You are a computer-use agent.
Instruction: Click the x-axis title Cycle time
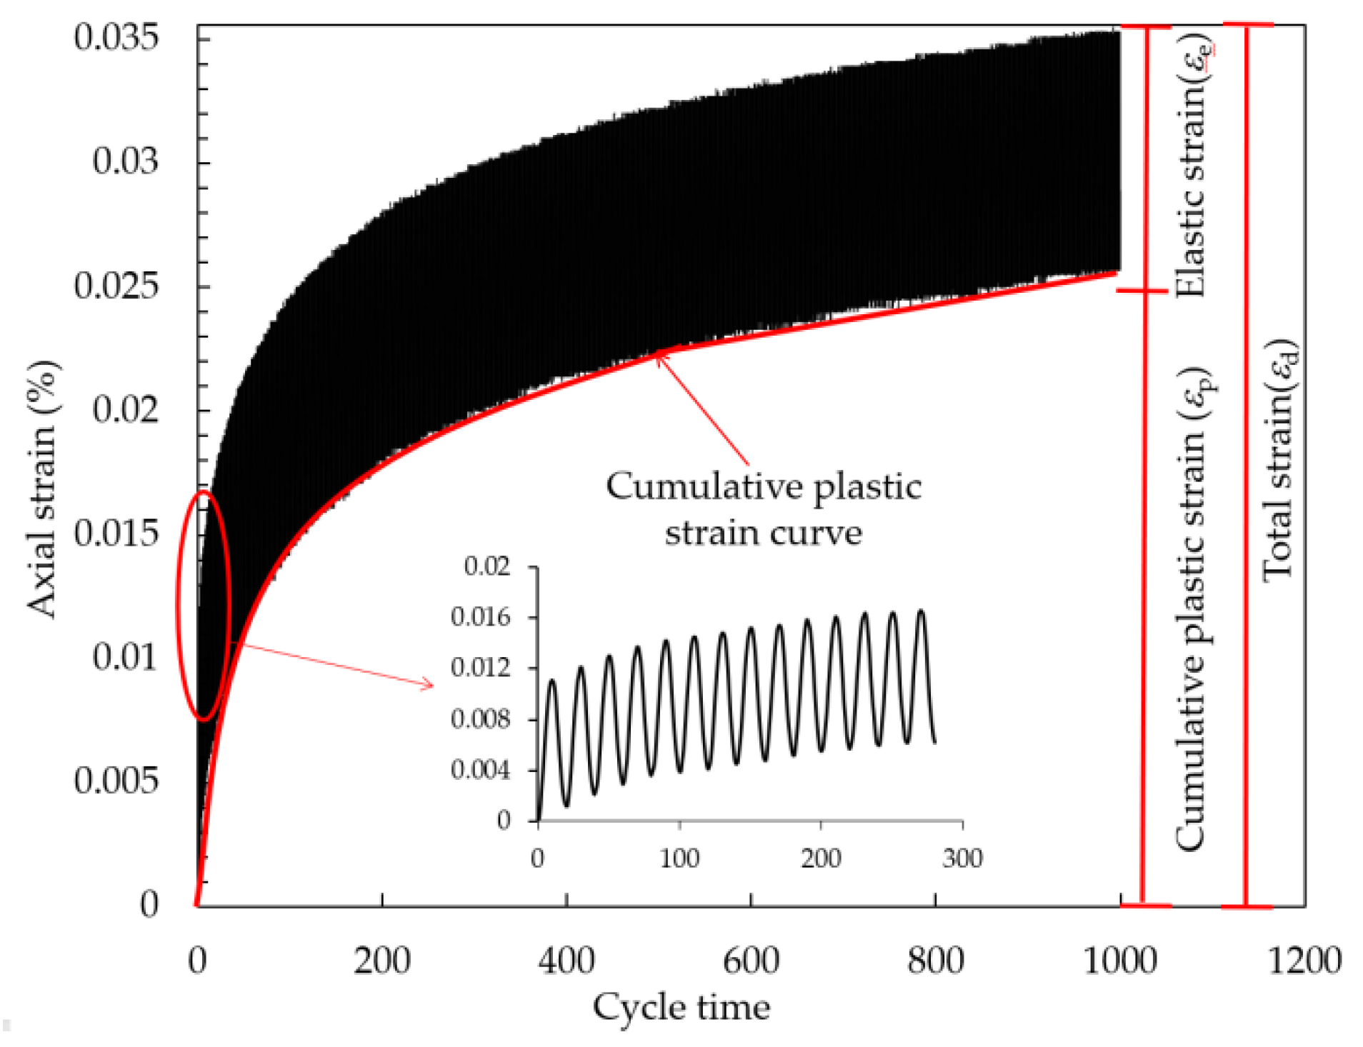coord(681,1008)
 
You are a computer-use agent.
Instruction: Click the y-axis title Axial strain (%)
coord(43,489)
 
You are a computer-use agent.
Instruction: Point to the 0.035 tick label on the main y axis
coord(116,36)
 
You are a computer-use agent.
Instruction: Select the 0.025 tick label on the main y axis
coord(116,286)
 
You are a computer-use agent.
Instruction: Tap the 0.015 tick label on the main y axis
coord(116,533)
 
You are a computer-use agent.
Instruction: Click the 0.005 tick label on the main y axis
coord(116,780)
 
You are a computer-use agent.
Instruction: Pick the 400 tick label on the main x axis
coord(566,961)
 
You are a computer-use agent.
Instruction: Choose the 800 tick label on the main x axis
coord(935,961)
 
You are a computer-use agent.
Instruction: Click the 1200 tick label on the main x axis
coord(1304,961)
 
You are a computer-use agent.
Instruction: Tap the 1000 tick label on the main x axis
coord(1119,961)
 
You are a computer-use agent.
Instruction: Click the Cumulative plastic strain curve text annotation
coord(763,509)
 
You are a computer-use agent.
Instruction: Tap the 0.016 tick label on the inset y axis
coord(481,617)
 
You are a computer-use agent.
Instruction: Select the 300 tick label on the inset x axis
coord(962,858)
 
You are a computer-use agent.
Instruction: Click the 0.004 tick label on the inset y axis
coord(481,770)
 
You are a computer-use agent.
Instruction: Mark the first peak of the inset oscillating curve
coord(551,681)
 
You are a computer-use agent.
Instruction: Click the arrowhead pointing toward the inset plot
coord(428,686)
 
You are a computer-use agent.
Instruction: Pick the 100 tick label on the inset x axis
coord(679,858)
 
